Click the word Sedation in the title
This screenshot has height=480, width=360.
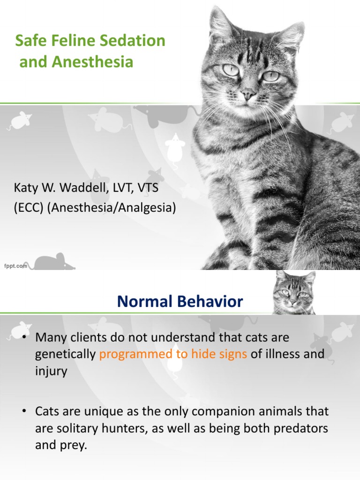pyautogui.click(x=135, y=41)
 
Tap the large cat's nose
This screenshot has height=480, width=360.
pyautogui.click(x=247, y=96)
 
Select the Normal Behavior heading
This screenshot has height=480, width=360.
pyautogui.click(x=180, y=302)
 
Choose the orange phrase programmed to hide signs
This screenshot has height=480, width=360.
pyautogui.click(x=173, y=354)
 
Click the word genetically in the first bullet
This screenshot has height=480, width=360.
pyautogui.click(x=65, y=354)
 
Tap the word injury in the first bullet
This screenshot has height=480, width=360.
pyautogui.click(x=51, y=371)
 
